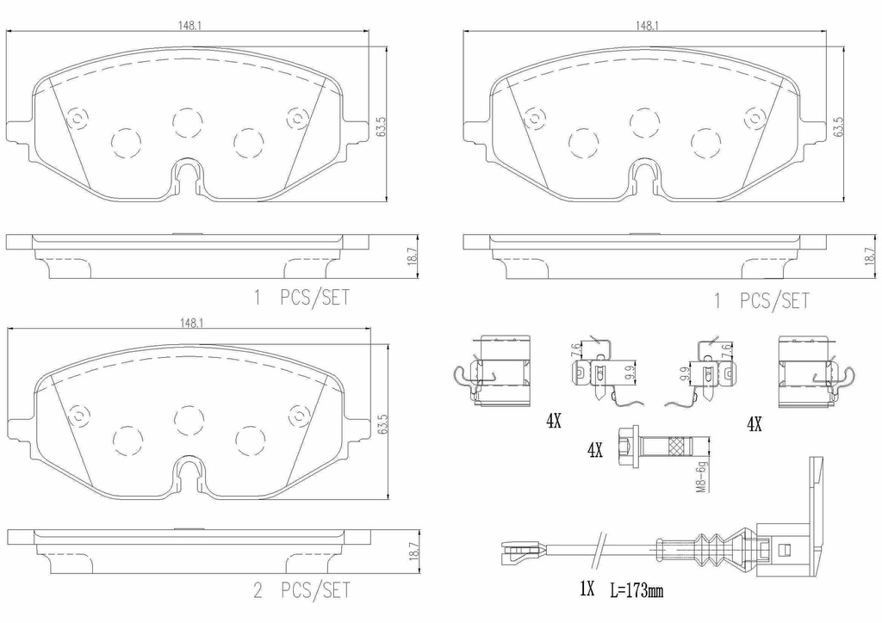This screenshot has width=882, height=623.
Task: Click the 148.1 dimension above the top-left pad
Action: coord(190,26)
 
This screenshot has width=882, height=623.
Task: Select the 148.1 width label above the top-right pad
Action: coord(648,26)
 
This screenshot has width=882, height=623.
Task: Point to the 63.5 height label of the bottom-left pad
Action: coord(380,426)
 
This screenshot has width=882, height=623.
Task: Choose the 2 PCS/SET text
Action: coord(301,590)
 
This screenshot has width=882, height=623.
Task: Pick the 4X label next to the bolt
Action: coord(594,450)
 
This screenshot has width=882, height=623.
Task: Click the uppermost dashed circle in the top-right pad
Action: coord(644,123)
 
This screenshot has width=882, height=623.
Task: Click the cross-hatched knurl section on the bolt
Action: coord(678,449)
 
